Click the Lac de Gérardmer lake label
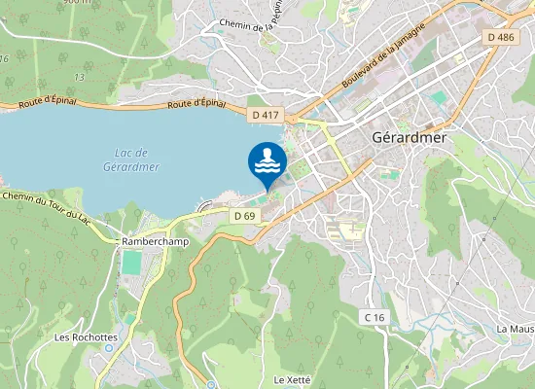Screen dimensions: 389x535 [x=129, y=159]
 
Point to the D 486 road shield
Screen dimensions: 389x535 [x=499, y=37]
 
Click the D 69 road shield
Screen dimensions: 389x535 [x=244, y=215]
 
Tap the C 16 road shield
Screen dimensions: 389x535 [x=375, y=318]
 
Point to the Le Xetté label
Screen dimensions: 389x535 [x=292, y=379]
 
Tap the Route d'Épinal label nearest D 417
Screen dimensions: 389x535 [x=196, y=103]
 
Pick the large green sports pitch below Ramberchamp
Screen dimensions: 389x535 [x=131, y=263]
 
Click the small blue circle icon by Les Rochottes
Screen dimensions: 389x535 [x=107, y=346]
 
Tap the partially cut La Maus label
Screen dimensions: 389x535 [x=516, y=329]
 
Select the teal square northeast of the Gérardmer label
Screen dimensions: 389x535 [x=439, y=97]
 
